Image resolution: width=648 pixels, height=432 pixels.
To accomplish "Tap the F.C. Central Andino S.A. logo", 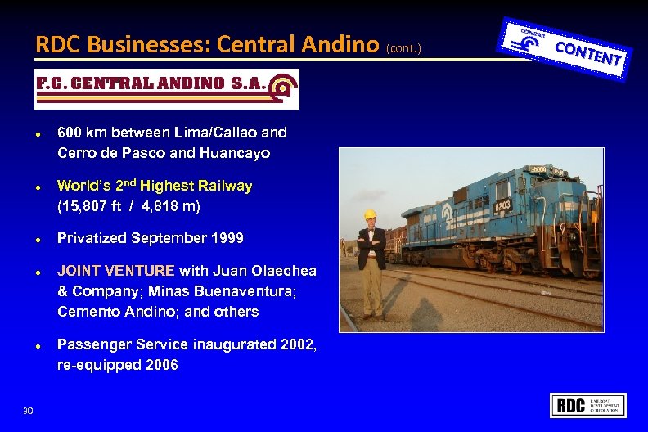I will click(x=167, y=88).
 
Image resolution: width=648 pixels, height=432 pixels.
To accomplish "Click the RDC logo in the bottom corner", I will click(x=590, y=405).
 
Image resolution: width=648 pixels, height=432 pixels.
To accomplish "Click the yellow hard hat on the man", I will click(x=370, y=215).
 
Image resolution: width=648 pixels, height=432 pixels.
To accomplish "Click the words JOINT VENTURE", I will click(x=116, y=271).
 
